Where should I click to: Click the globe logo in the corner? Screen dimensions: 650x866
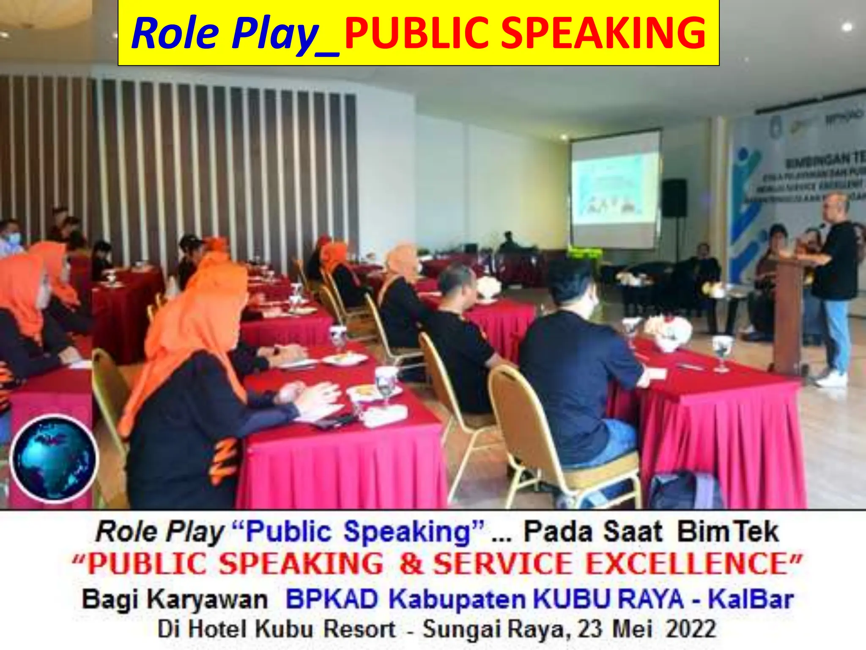click(54, 459)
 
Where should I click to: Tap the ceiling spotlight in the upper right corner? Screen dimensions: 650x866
click(847, 27)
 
